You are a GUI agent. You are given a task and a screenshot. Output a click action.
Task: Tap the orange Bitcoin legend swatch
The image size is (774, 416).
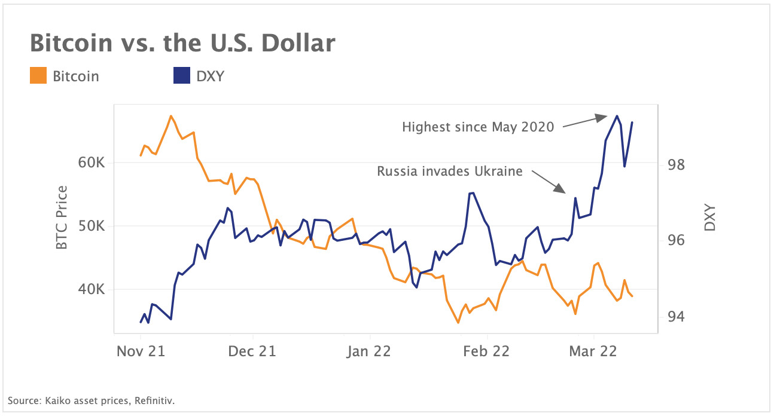coord(38,77)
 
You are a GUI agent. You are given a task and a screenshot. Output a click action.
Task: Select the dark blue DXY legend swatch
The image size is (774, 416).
coord(181,77)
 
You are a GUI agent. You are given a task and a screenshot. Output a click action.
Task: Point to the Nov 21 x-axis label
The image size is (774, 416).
coord(140,351)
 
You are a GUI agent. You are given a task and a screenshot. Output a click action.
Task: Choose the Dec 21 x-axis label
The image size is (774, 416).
coord(251,351)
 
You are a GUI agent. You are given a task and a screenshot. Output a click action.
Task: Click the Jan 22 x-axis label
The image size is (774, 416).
coord(368,351)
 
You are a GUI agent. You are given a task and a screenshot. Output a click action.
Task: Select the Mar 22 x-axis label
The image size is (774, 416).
coord(593,351)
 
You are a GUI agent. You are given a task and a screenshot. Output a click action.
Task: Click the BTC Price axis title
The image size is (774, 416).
coord(62,218)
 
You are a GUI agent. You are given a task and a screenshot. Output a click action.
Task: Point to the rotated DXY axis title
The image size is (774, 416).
coord(709,218)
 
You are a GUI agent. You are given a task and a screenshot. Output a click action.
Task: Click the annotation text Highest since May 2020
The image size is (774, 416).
coord(478,127)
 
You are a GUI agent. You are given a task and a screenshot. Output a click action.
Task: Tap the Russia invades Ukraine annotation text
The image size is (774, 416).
coord(450,172)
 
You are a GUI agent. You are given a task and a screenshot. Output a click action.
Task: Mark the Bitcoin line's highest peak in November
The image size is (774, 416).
coord(171,116)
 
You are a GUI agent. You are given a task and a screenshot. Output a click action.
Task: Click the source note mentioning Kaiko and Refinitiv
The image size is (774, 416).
coord(91,400)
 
